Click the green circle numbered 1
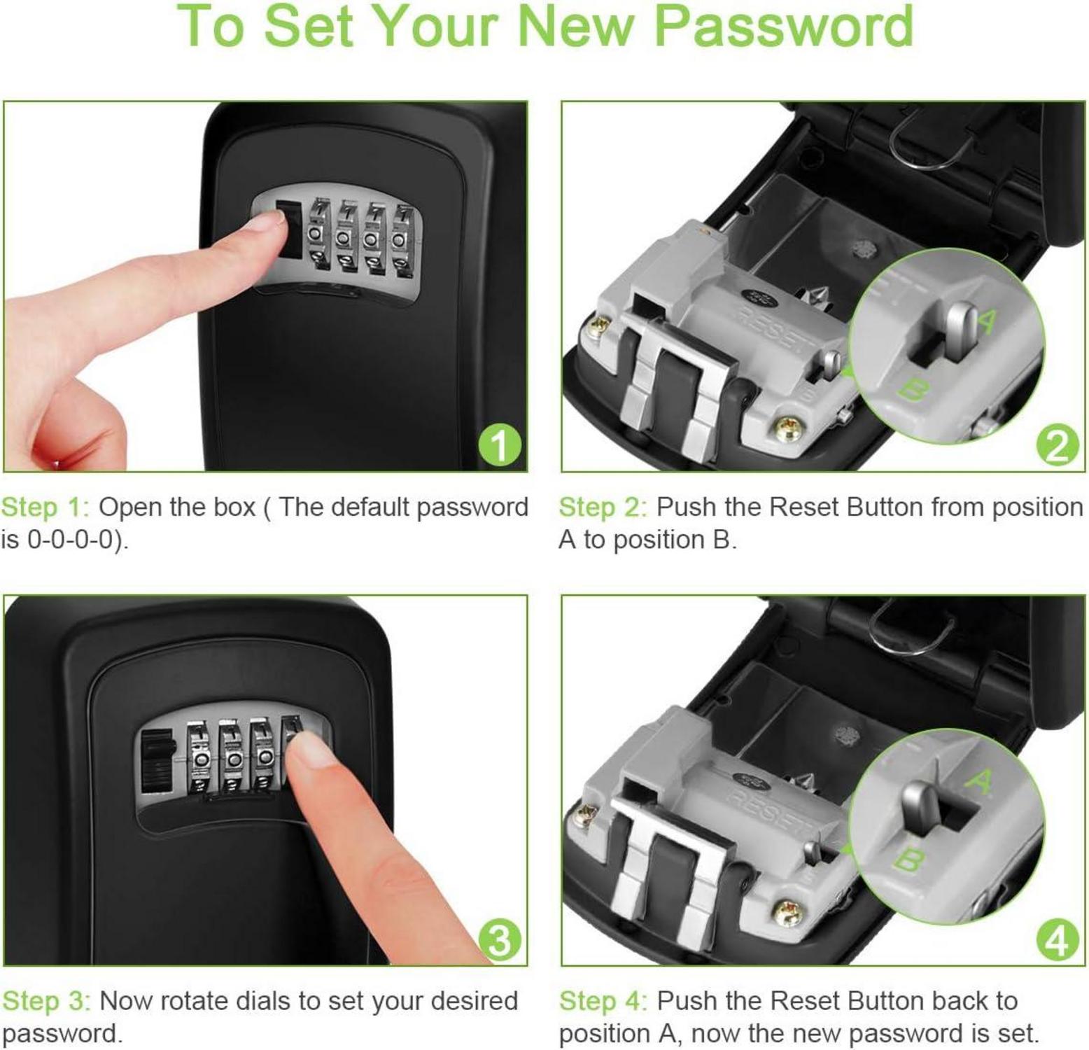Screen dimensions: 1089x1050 [500, 444]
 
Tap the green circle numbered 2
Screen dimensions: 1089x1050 [1057, 444]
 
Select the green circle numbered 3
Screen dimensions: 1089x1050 [500, 939]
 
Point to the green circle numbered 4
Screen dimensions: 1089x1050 [1057, 939]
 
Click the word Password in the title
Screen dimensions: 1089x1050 [783, 26]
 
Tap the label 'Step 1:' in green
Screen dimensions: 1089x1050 [45, 507]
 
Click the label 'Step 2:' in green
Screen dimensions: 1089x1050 [603, 507]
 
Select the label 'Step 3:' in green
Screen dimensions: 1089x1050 [46, 1002]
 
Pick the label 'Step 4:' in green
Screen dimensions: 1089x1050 [603, 1002]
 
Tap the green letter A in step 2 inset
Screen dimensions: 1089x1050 [985, 321]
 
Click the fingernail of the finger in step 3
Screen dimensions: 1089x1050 [309, 755]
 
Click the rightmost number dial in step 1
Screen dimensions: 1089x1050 [400, 238]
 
